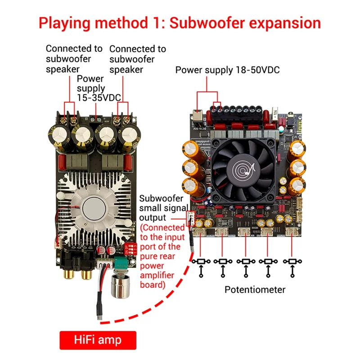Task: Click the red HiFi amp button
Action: point(98,340)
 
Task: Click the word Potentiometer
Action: point(255,290)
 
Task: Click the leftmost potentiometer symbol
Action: point(201,261)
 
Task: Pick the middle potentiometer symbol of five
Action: point(246,261)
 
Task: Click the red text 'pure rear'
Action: point(160,256)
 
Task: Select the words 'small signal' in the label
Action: point(161,207)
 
